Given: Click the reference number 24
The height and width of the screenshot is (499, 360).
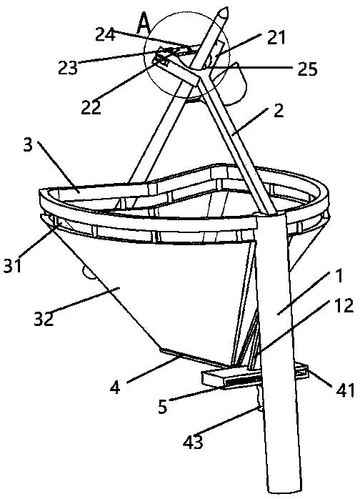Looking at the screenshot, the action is (105, 34).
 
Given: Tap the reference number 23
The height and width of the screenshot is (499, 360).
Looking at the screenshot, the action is (68, 67).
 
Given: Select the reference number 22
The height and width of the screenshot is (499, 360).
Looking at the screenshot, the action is (91, 107).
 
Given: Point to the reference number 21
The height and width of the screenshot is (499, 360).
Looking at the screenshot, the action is (276, 38).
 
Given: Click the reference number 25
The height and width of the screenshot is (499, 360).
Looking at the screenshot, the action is (308, 69).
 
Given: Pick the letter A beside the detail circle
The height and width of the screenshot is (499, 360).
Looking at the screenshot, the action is (144, 25).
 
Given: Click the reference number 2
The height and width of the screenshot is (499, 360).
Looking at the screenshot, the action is (279, 111).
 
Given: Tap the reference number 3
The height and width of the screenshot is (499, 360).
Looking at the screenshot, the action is (28, 145).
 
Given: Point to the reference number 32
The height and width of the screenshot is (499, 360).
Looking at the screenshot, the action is (44, 319).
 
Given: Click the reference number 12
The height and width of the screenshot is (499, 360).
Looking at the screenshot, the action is (343, 305).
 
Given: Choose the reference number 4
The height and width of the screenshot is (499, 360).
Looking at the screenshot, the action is (115, 387).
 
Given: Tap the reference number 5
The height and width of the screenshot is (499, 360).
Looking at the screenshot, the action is (163, 406).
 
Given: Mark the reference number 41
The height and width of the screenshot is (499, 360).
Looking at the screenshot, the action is (345, 390).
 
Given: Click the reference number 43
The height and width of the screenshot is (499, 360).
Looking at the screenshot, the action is (193, 442).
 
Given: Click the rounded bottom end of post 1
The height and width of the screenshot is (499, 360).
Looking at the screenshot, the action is (284, 491).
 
